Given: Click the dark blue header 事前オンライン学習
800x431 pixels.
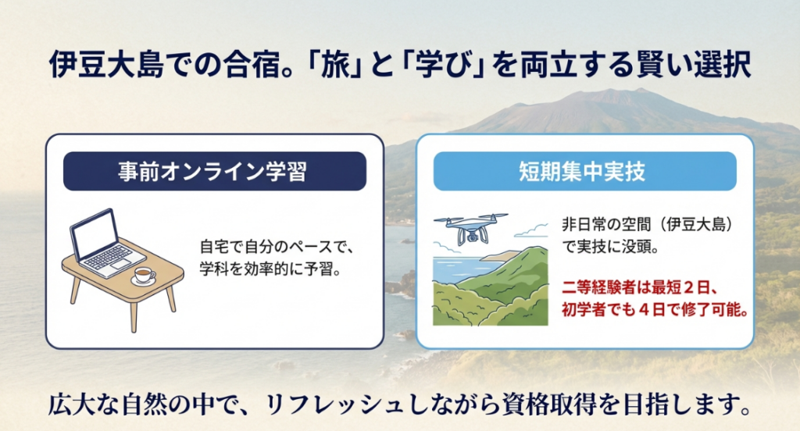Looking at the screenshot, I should tap(214, 172).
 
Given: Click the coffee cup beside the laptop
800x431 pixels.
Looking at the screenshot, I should tap(143, 275).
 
